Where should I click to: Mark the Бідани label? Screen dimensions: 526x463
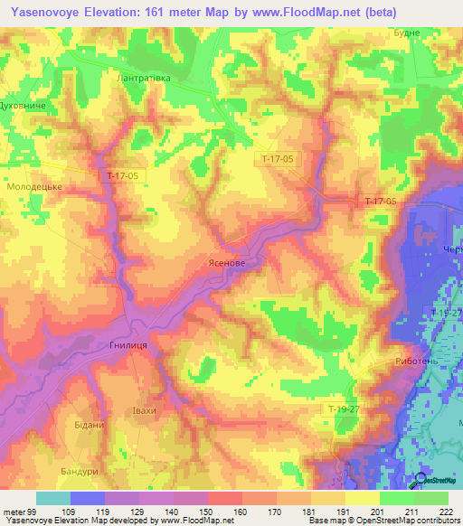click(89, 424)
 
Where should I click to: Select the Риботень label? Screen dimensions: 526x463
click(417, 361)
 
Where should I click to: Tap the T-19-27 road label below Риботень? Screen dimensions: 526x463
click(344, 409)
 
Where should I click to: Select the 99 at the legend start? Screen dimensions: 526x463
click(31, 513)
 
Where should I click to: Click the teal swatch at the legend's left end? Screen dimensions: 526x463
click(52, 498)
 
